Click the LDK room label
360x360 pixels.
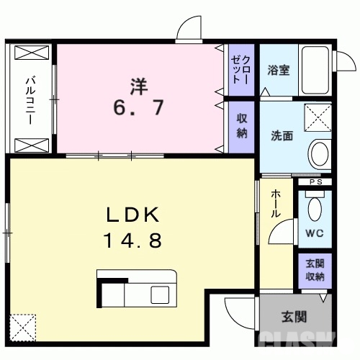[x=133, y=215]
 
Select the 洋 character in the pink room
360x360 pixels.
[x=140, y=85]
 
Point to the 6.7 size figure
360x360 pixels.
[x=140, y=109]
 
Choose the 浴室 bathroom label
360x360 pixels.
[x=278, y=70]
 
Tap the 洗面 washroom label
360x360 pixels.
[x=282, y=135]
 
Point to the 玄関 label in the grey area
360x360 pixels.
[x=294, y=316]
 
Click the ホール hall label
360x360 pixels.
[x=276, y=204]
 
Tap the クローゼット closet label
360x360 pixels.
[x=241, y=69]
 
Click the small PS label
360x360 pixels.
[x=314, y=182]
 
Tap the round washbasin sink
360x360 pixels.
[x=318, y=152]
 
